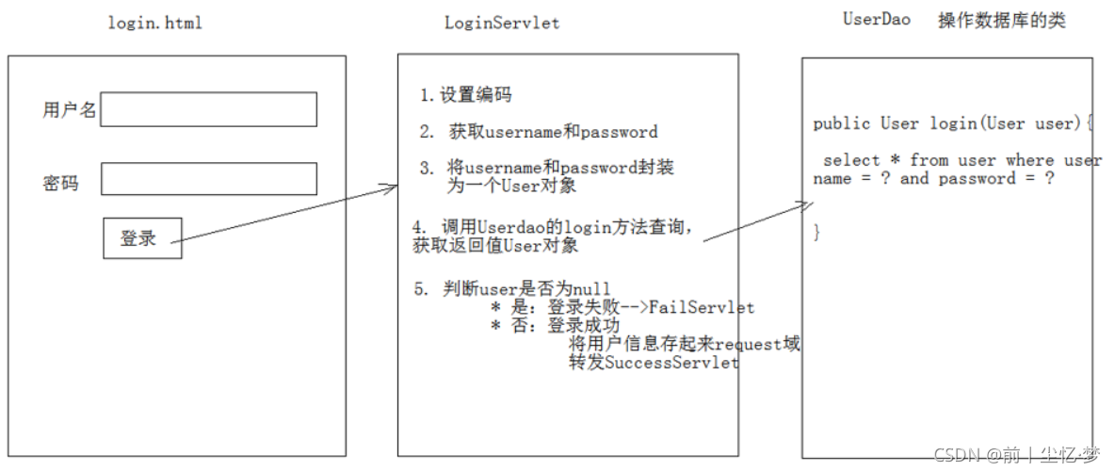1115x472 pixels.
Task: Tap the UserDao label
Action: pyautogui.click(x=876, y=20)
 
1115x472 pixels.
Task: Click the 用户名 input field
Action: pyautogui.click(x=208, y=109)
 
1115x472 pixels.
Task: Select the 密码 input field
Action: pyautogui.click(x=208, y=179)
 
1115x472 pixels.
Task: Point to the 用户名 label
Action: pyautogui.click(x=69, y=110)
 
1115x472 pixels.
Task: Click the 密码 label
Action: pyautogui.click(x=60, y=183)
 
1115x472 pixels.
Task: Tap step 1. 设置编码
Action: pyautogui.click(x=465, y=95)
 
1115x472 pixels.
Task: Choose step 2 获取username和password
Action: pyautogui.click(x=539, y=132)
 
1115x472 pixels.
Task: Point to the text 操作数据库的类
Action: pyautogui.click(x=1002, y=21)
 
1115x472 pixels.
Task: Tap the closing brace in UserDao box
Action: pyautogui.click(x=816, y=232)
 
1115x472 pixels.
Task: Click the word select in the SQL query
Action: pyautogui.click(x=851, y=160)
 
